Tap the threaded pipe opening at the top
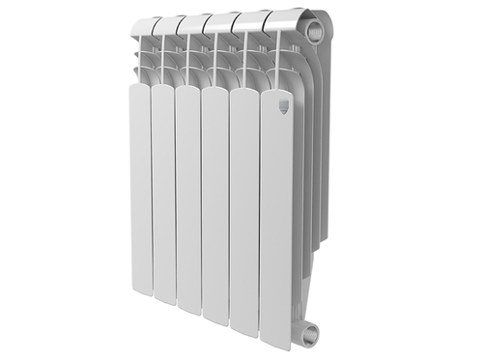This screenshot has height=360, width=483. coord(315,32)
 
